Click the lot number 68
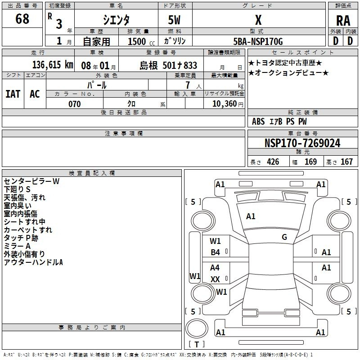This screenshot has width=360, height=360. (22, 18)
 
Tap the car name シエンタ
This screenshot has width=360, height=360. (116, 20)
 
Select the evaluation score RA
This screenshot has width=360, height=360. (343, 21)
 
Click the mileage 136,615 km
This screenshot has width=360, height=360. (53, 65)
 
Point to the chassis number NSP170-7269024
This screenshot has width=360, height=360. (302, 143)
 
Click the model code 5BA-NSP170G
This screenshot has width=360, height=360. (258, 41)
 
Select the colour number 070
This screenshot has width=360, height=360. (74, 104)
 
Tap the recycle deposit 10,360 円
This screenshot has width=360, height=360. (228, 104)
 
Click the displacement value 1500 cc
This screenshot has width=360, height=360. (141, 41)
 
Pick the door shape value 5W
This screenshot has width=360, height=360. (174, 20)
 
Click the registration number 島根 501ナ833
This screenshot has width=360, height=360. (168, 65)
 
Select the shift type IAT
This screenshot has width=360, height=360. (13, 94)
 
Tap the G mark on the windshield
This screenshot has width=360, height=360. (284, 237)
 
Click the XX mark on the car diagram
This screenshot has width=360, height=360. (215, 279)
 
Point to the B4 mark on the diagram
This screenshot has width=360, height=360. (215, 252)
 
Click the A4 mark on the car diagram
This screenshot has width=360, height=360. (215, 267)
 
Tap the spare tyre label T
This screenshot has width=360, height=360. (197, 344)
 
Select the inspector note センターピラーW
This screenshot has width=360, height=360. (31, 181)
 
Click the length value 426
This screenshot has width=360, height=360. (273, 162)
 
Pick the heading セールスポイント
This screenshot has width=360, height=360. (302, 53)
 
